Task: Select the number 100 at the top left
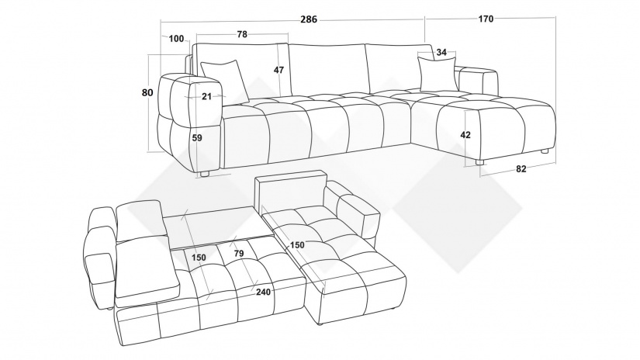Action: tap(175, 40)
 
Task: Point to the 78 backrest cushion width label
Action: tap(241, 34)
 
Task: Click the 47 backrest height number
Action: tap(278, 70)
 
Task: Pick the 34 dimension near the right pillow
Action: tap(441, 53)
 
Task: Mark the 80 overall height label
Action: tap(147, 93)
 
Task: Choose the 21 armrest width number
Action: tap(206, 96)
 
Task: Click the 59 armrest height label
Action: tap(196, 139)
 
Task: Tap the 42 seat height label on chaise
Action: tap(465, 135)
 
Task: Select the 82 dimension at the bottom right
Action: tap(521, 169)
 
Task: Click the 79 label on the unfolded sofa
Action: tap(240, 252)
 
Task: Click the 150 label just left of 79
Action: tap(199, 258)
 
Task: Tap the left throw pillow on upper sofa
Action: tap(226, 79)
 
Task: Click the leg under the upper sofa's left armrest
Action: tap(204, 174)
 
